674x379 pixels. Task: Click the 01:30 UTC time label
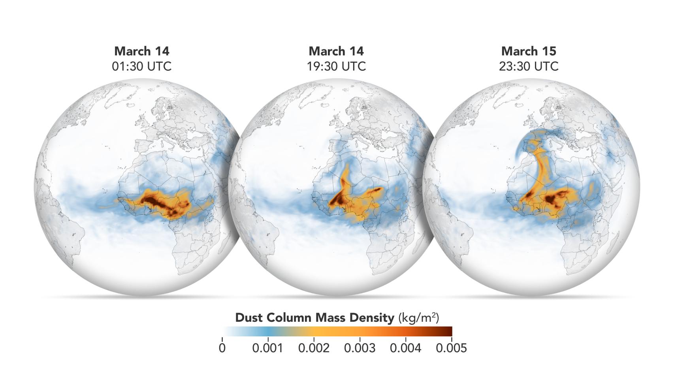coord(142,66)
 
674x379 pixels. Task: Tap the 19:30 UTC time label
coord(336,66)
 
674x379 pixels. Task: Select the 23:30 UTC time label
coord(529,66)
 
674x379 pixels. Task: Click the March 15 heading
coord(529,51)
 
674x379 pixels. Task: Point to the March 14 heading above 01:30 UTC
coord(142,51)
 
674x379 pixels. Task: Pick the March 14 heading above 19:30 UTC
coord(336,51)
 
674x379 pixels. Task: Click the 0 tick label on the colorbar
coord(222,348)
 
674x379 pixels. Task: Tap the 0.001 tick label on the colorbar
coord(267,348)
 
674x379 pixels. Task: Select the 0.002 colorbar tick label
coord(314,348)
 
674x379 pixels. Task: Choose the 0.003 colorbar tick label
coord(360,348)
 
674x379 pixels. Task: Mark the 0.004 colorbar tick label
coord(406,348)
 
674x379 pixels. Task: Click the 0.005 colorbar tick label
coord(451,348)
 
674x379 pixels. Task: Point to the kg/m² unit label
coord(418,318)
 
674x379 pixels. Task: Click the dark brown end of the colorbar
coord(448,331)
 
